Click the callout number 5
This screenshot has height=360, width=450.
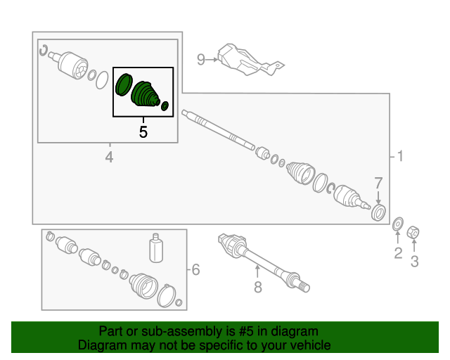143,132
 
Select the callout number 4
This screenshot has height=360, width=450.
109,157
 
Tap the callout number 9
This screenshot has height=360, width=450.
201,60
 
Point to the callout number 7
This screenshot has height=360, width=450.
378,183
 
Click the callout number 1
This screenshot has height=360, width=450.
400,157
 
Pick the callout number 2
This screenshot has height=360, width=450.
398,253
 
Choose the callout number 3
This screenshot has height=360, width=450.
414,262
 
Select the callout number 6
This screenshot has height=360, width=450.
195,269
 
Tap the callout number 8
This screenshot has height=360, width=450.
258,287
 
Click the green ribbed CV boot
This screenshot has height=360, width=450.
145,94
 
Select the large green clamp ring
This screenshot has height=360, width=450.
124,84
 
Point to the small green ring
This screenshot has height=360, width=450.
165,106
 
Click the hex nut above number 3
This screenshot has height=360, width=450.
413,232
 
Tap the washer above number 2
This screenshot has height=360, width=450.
398,224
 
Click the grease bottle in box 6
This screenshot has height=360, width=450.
156,247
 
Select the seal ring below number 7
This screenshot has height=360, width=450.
378,212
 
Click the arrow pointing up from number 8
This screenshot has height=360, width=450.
258,271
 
